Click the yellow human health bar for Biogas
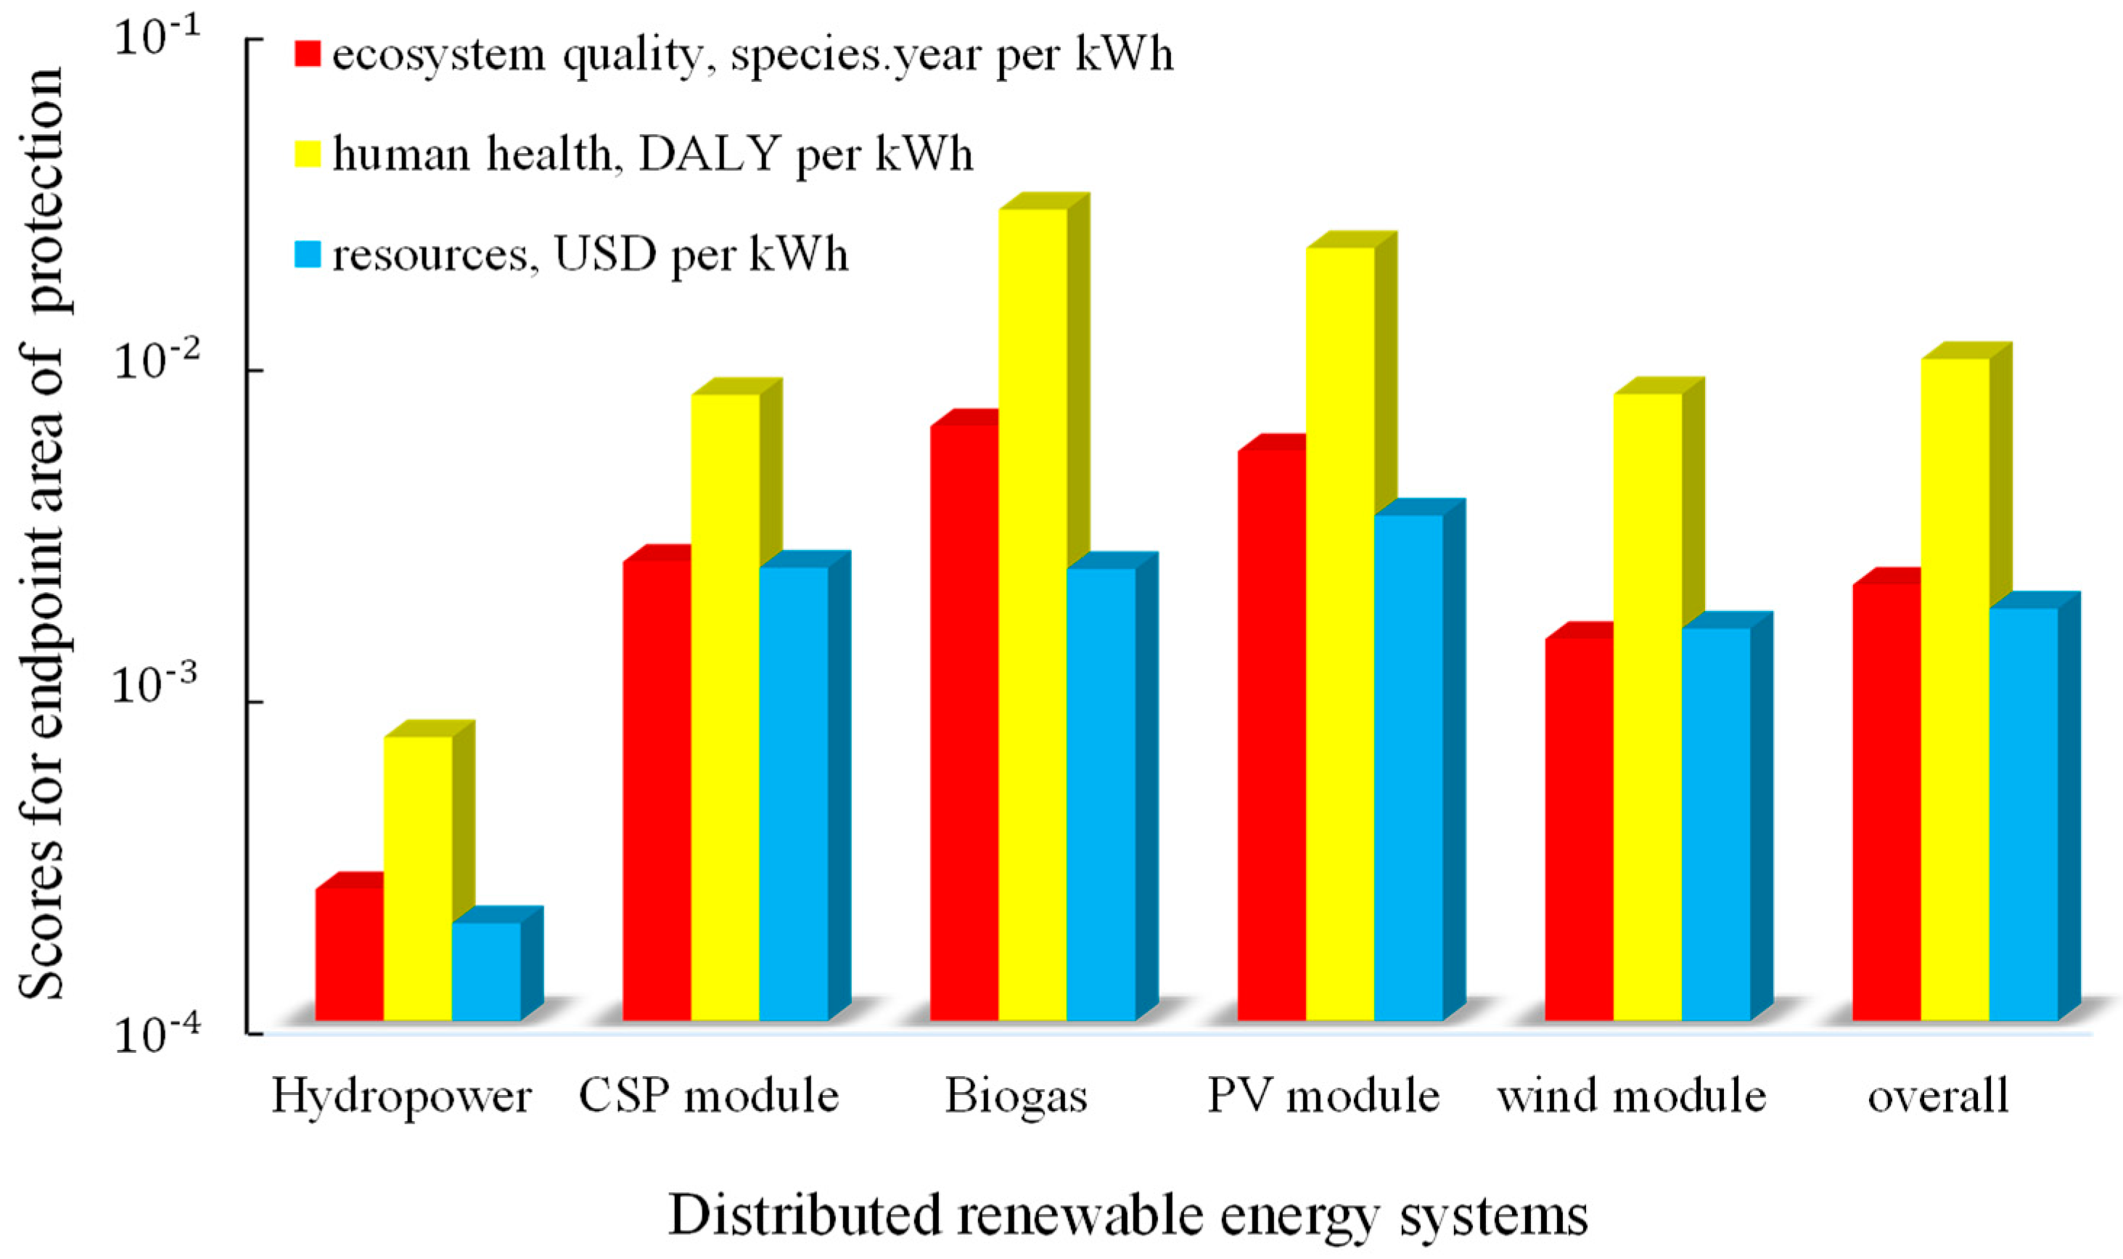[x=1032, y=611]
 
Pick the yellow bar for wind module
[x=1647, y=704]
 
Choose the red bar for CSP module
[x=657, y=789]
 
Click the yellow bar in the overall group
[x=1955, y=687]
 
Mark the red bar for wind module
[x=1579, y=827]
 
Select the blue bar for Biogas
[x=1100, y=793]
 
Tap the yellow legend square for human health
[x=307, y=154]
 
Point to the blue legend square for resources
[x=307, y=255]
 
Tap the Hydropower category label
[x=401, y=1097]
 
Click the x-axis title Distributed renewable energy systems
[x=1128, y=1215]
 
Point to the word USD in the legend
[x=604, y=255]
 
